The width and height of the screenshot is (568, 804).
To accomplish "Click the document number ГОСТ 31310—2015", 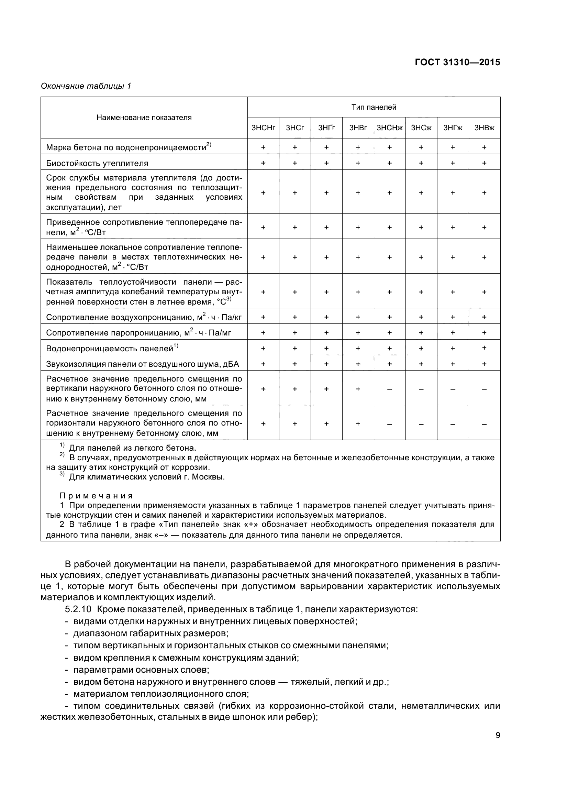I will click(x=457, y=62).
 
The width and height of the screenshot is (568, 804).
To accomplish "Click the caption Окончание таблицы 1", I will click(x=86, y=86).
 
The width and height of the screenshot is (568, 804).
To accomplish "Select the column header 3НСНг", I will click(x=263, y=128).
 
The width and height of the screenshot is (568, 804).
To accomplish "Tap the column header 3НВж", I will click(x=484, y=128).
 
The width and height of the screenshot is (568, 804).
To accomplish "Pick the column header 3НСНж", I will click(x=389, y=128).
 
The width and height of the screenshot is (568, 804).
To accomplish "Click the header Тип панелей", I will click(x=374, y=107).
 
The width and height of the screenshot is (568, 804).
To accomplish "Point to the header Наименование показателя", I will click(x=144, y=118).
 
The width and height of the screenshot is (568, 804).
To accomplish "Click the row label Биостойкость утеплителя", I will click(x=97, y=163).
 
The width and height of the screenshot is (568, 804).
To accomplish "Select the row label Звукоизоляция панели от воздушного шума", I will click(x=142, y=364).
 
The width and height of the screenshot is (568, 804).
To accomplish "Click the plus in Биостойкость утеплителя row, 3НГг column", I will click(x=326, y=163).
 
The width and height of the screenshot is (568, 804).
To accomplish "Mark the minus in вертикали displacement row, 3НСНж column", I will click(x=389, y=389).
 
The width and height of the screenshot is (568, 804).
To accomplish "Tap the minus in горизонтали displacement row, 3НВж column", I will click(x=484, y=424).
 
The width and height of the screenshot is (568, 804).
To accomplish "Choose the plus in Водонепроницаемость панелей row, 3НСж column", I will click(x=421, y=349).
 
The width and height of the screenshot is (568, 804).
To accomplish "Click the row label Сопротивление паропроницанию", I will click(x=138, y=333).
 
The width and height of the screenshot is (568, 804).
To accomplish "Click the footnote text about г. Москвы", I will click(x=147, y=477).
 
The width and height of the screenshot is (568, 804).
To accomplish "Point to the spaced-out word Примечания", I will click(x=96, y=496).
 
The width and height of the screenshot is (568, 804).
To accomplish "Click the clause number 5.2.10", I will click(x=78, y=609).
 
